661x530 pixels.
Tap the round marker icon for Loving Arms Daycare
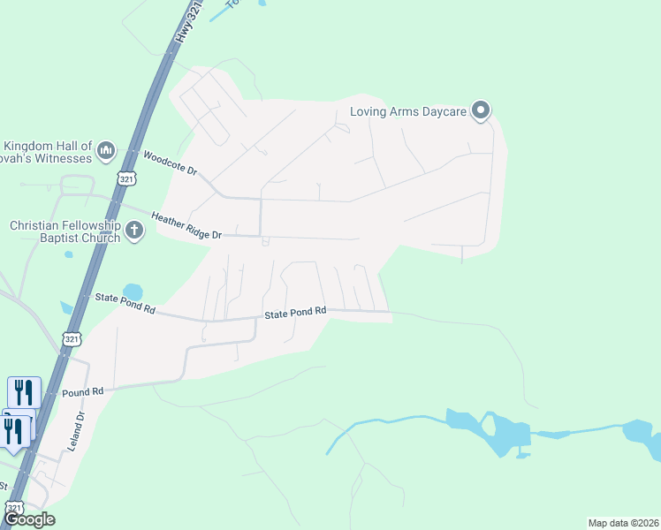[482, 110]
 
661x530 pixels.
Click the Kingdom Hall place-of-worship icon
[106, 151]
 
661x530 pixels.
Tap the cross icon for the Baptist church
[134, 231]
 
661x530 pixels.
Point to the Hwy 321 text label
[189, 23]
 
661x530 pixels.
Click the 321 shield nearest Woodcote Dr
[126, 179]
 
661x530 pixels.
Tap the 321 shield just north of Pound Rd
[72, 339]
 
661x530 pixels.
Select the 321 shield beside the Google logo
[12, 509]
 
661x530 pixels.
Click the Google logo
[29, 519]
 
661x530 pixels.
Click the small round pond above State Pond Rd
[133, 291]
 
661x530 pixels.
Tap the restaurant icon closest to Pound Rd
[24, 391]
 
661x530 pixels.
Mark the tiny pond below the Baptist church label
[69, 254]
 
